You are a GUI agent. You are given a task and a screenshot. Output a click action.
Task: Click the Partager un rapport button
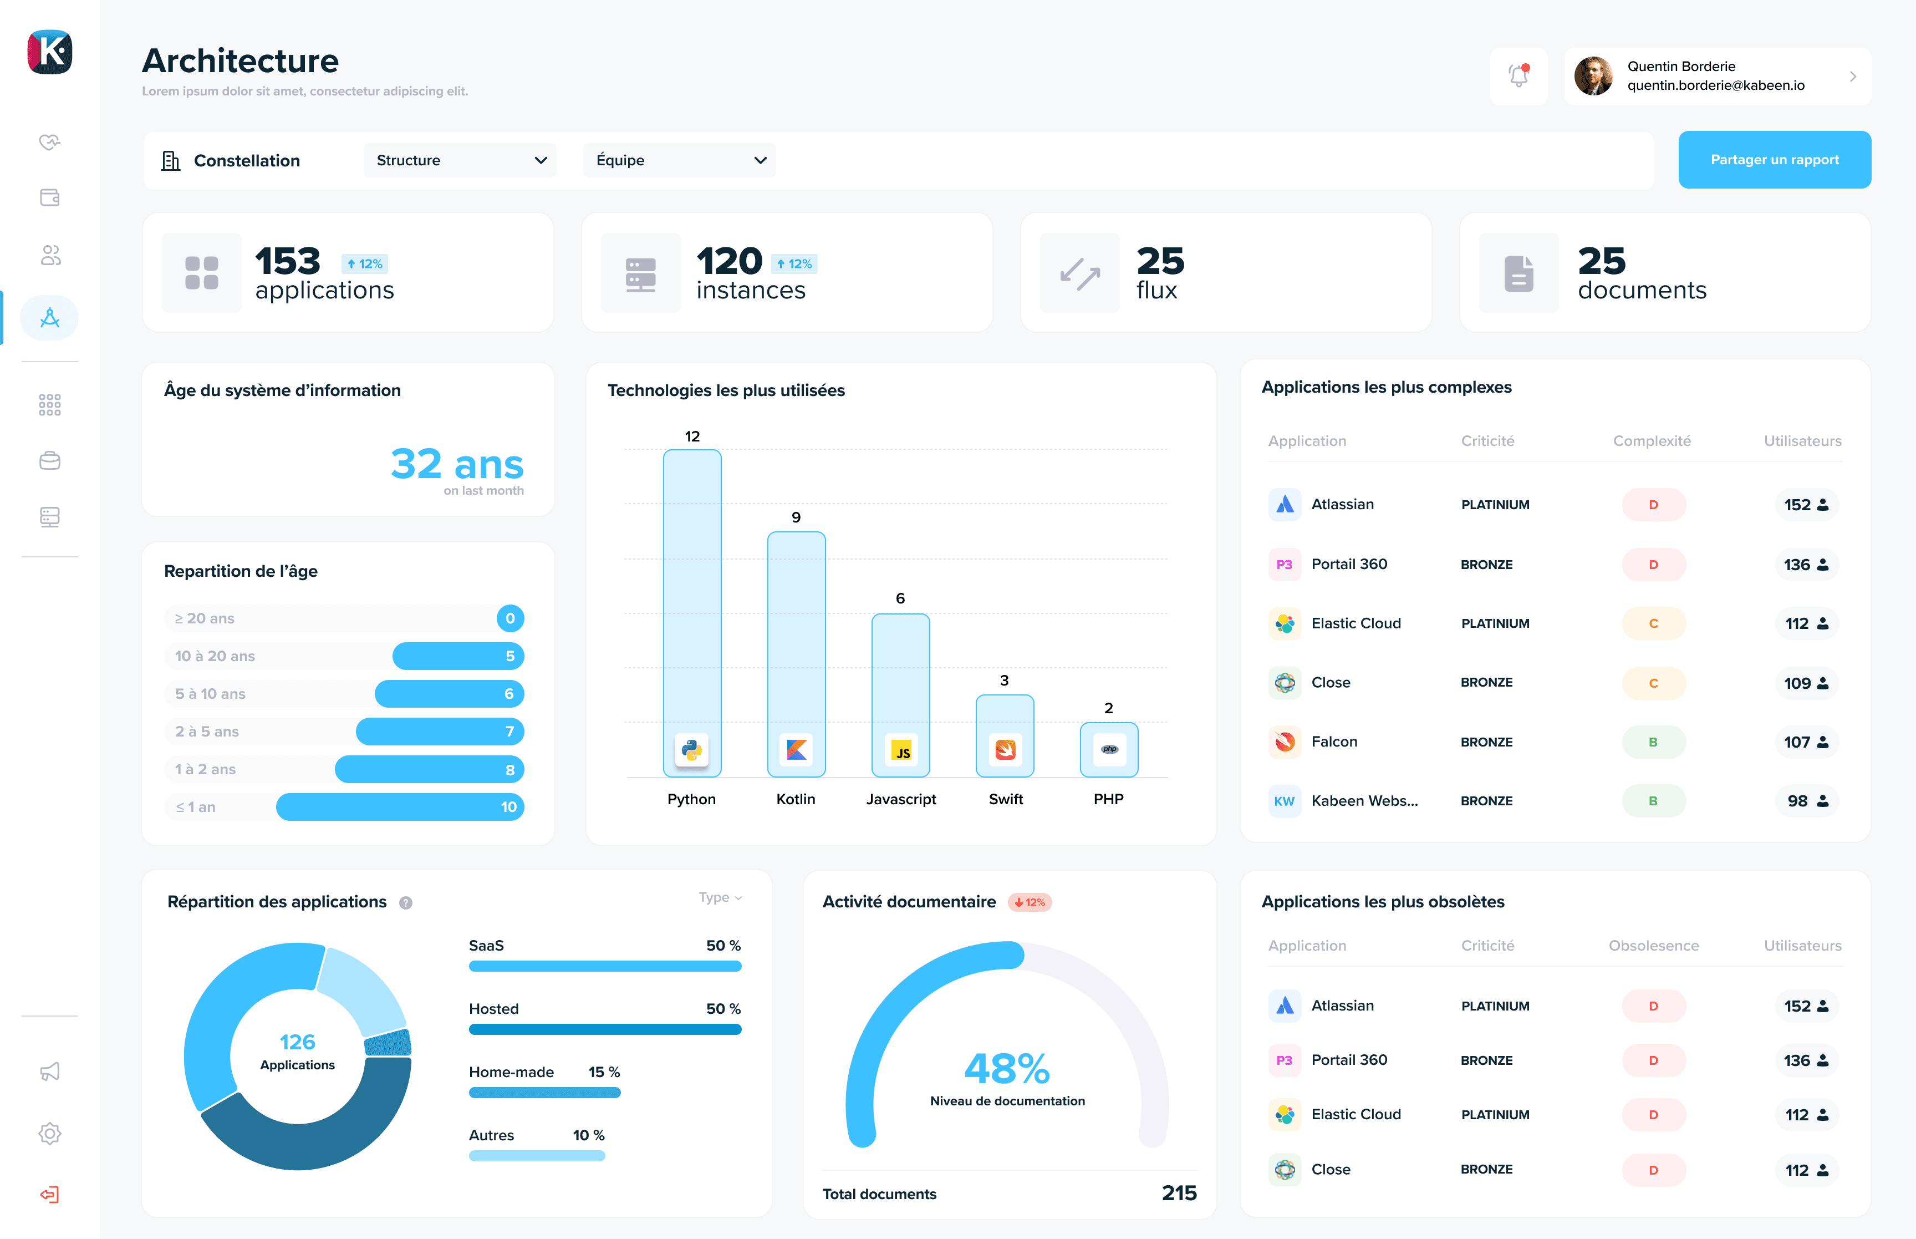point(1774,159)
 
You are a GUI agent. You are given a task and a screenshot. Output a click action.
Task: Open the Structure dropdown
point(460,160)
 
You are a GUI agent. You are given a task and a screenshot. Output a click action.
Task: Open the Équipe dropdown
point(679,160)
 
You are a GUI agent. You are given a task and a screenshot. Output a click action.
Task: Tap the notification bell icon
point(1518,75)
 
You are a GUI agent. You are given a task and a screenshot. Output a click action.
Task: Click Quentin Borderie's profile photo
point(1593,75)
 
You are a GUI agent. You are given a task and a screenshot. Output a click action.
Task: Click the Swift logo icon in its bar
point(1005,749)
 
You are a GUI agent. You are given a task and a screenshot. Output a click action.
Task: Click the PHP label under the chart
point(1108,799)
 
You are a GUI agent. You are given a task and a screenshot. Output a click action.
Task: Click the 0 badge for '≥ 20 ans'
point(509,618)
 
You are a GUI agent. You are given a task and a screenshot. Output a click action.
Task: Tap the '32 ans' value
point(457,464)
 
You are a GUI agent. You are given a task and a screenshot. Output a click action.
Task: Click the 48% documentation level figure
point(1007,1068)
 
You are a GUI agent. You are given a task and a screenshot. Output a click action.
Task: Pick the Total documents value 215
point(1179,1193)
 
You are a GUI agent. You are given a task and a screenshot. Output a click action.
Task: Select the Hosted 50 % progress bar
point(605,1029)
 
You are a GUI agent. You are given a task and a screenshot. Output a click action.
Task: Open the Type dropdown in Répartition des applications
point(720,897)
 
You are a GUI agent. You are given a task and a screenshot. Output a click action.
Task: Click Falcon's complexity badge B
point(1653,742)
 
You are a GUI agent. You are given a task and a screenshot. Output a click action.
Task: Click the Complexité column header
point(1652,441)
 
